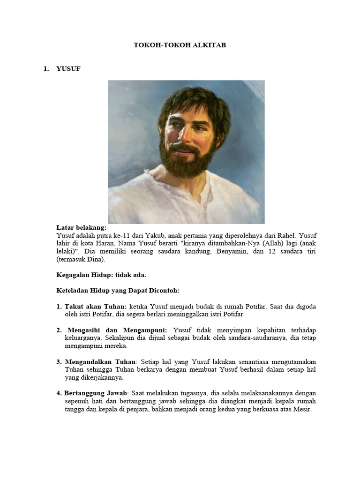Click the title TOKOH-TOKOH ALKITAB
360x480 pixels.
pos(180,45)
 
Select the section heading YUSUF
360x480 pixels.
pos(68,69)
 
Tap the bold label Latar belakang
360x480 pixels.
pos(81,227)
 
